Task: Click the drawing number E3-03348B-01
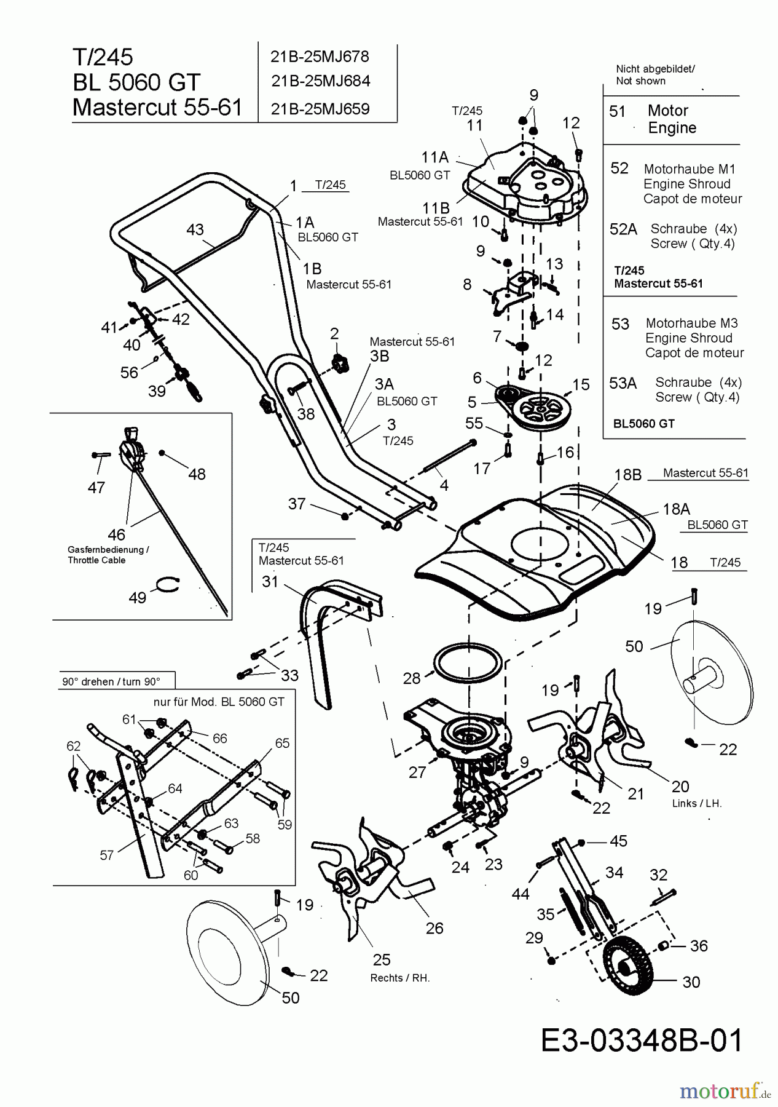point(642,1041)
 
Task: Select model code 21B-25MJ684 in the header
point(320,81)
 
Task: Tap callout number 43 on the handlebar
point(195,229)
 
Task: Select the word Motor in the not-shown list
point(667,111)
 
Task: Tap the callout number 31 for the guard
point(270,581)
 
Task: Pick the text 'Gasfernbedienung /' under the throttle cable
point(108,549)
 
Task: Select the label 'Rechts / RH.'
point(399,978)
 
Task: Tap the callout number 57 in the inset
point(106,855)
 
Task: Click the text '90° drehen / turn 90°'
point(111,681)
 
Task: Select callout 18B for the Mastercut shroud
point(627,474)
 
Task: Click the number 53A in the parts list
point(623,383)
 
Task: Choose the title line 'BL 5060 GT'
point(136,82)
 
